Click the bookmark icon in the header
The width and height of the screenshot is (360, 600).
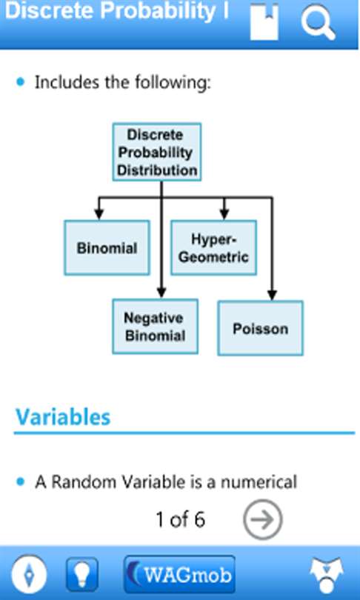coord(264,21)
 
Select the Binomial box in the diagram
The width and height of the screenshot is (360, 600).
coord(107,247)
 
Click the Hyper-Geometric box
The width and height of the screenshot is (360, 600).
coord(213,247)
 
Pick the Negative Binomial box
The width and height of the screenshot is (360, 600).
coord(155,327)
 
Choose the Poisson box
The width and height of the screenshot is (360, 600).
coord(261,328)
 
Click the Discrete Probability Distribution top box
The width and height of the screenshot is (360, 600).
coord(157,152)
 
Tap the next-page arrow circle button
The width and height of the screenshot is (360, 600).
coord(263,520)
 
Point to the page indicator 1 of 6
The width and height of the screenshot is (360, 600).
coord(180,520)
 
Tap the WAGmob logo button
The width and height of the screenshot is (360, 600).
coord(179,574)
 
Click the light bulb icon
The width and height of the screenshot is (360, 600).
coord(82,574)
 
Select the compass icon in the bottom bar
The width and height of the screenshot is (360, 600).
coord(30,574)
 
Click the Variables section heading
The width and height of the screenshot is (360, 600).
coord(63,417)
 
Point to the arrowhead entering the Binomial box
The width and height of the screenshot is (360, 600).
coord(99,215)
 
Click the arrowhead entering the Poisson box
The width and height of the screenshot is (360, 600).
coord(272,295)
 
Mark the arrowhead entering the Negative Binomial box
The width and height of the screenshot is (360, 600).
coord(161,293)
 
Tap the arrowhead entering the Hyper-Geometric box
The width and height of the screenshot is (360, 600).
coord(224,215)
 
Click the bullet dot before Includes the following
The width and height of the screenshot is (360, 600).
coord(21,82)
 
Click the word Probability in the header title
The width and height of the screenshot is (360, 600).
coord(158,11)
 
